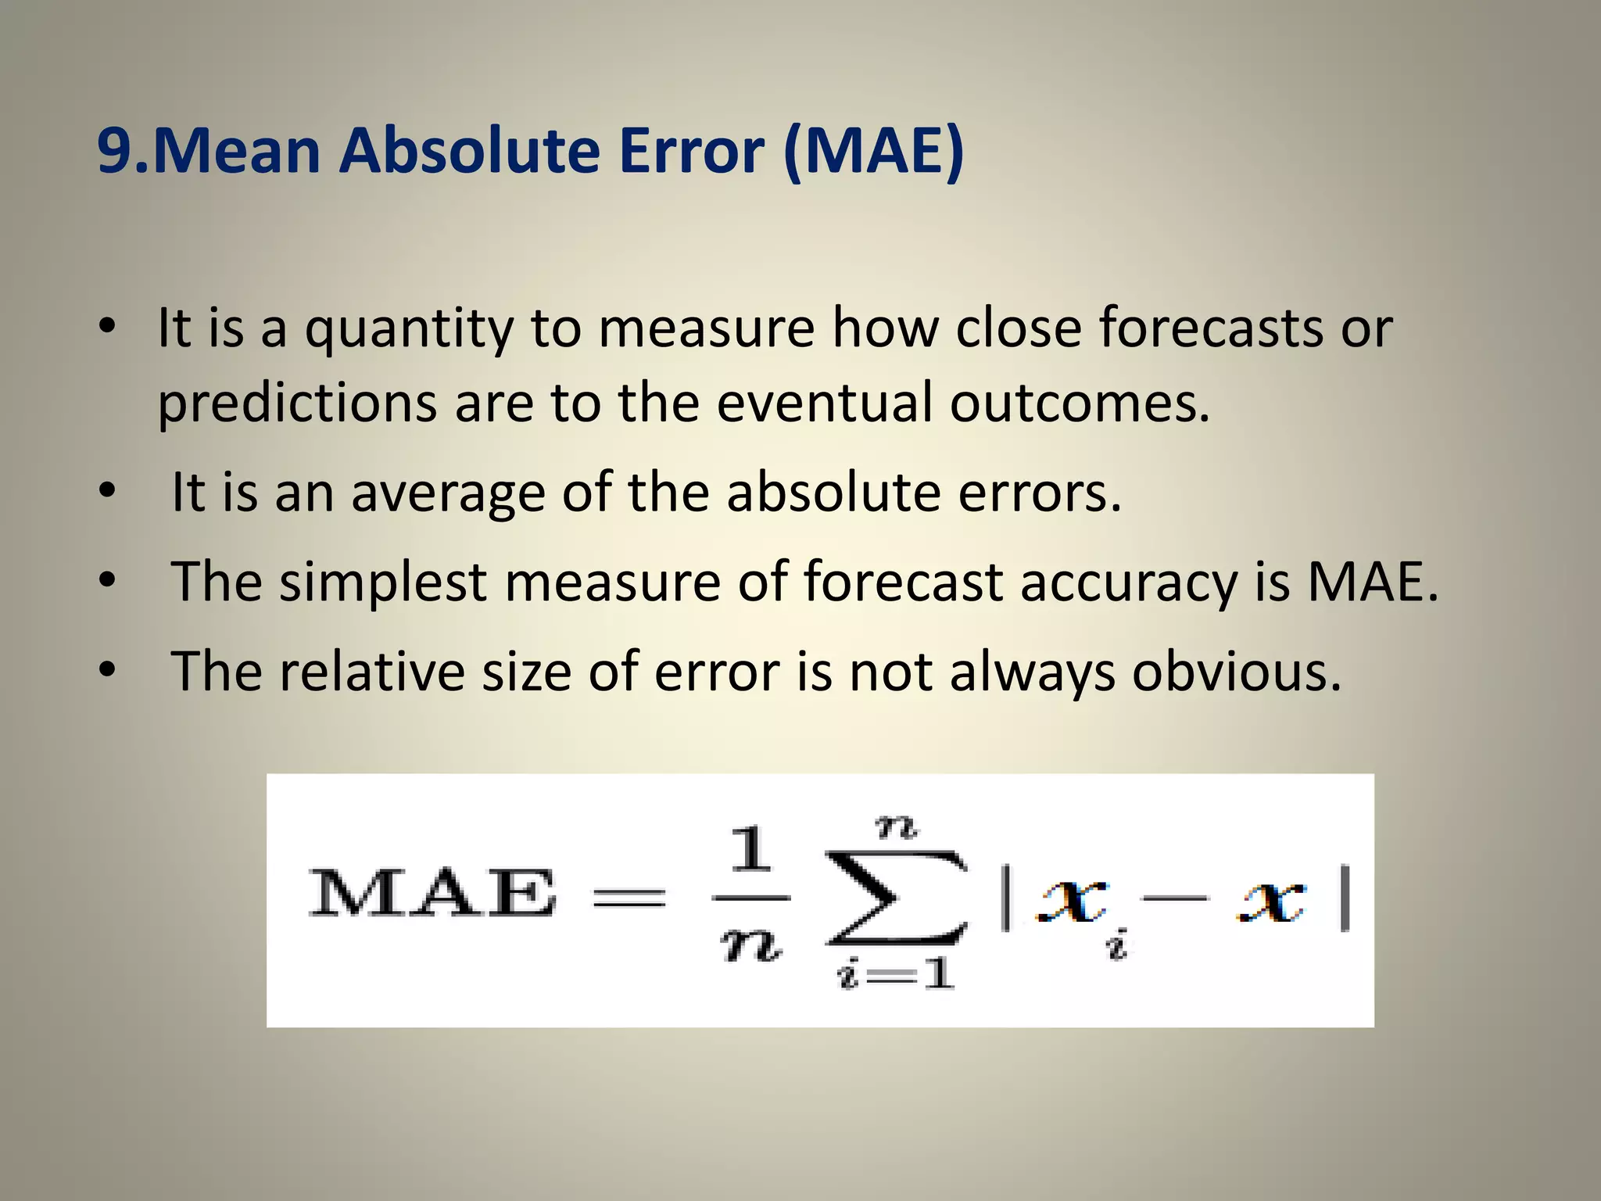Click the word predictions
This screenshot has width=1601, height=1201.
coord(297,403)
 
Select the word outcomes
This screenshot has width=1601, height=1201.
coord(1080,403)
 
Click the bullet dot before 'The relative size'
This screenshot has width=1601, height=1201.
coord(108,669)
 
